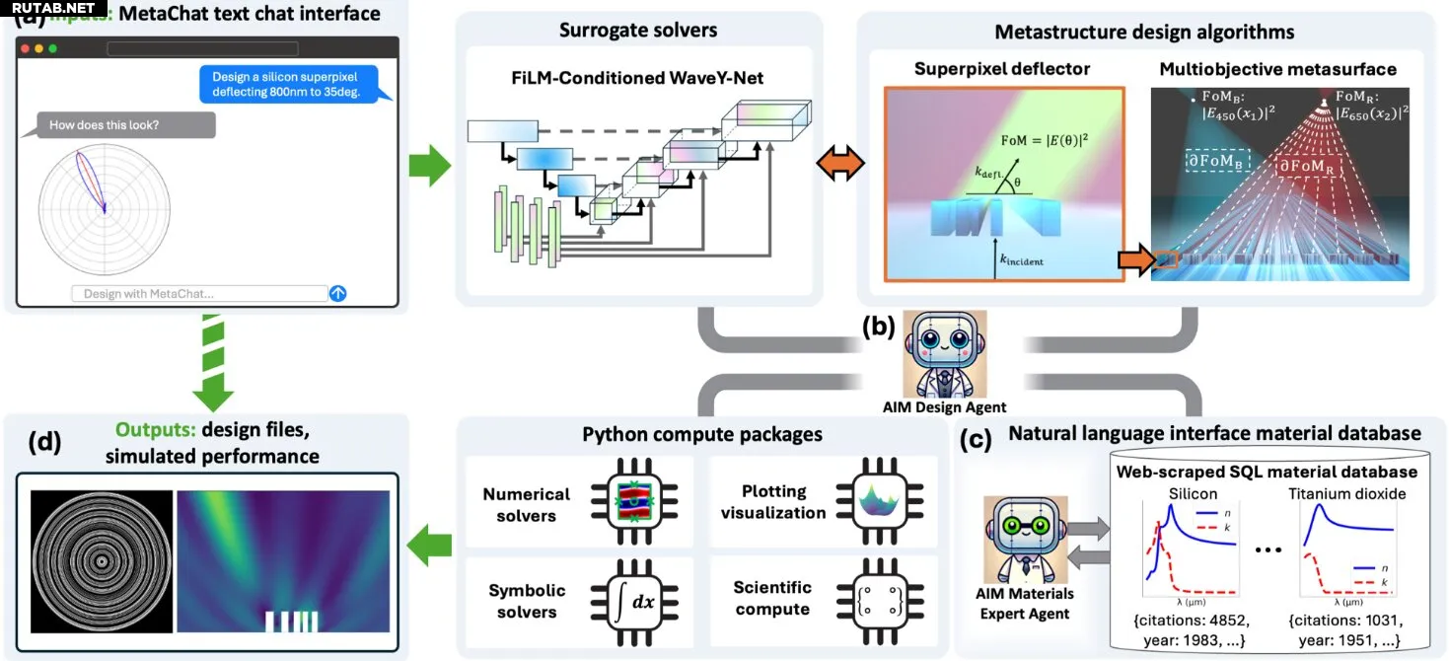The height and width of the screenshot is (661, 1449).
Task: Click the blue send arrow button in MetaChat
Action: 338,293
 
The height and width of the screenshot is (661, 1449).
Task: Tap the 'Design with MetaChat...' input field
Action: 198,293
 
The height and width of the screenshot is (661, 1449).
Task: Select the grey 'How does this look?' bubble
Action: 125,125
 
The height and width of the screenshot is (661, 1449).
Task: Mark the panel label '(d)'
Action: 40,442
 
